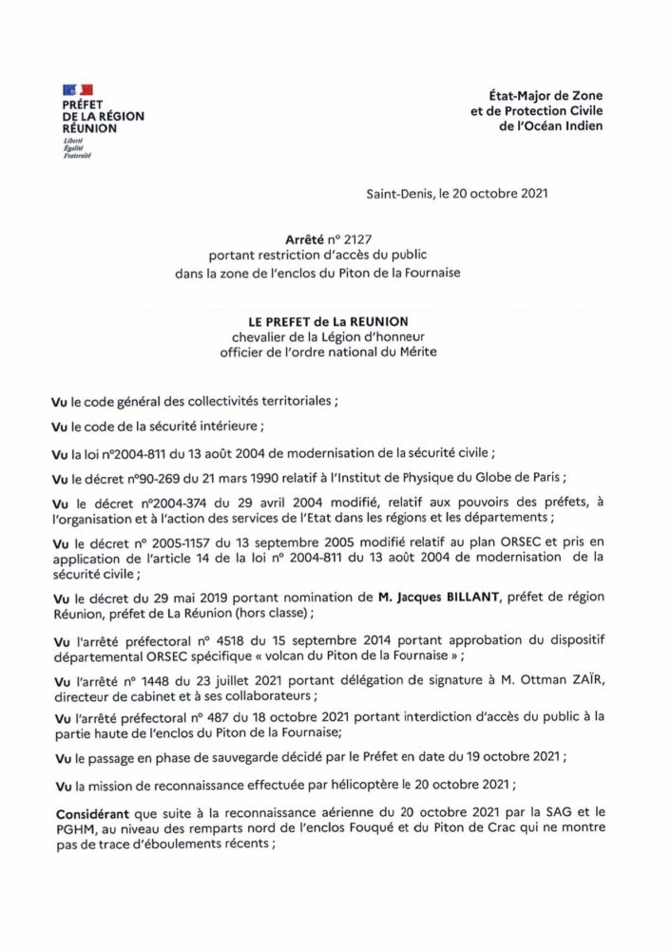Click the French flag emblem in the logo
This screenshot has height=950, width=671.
point(74,89)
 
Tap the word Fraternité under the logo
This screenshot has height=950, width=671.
point(75,155)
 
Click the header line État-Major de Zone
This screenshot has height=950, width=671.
point(549,96)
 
